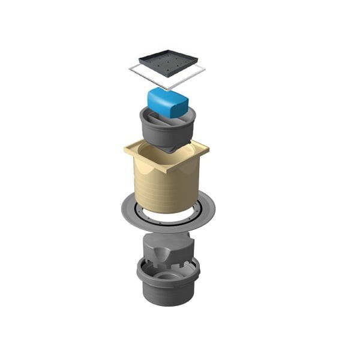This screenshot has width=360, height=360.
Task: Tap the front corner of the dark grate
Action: (169, 76)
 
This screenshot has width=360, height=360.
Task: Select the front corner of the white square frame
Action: (169, 89)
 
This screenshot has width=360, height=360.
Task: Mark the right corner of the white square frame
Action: (204, 70)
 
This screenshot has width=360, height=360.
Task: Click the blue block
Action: (167, 103)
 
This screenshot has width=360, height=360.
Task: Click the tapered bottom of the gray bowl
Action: (169, 144)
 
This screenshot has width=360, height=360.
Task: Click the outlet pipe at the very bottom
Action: (168, 295)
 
